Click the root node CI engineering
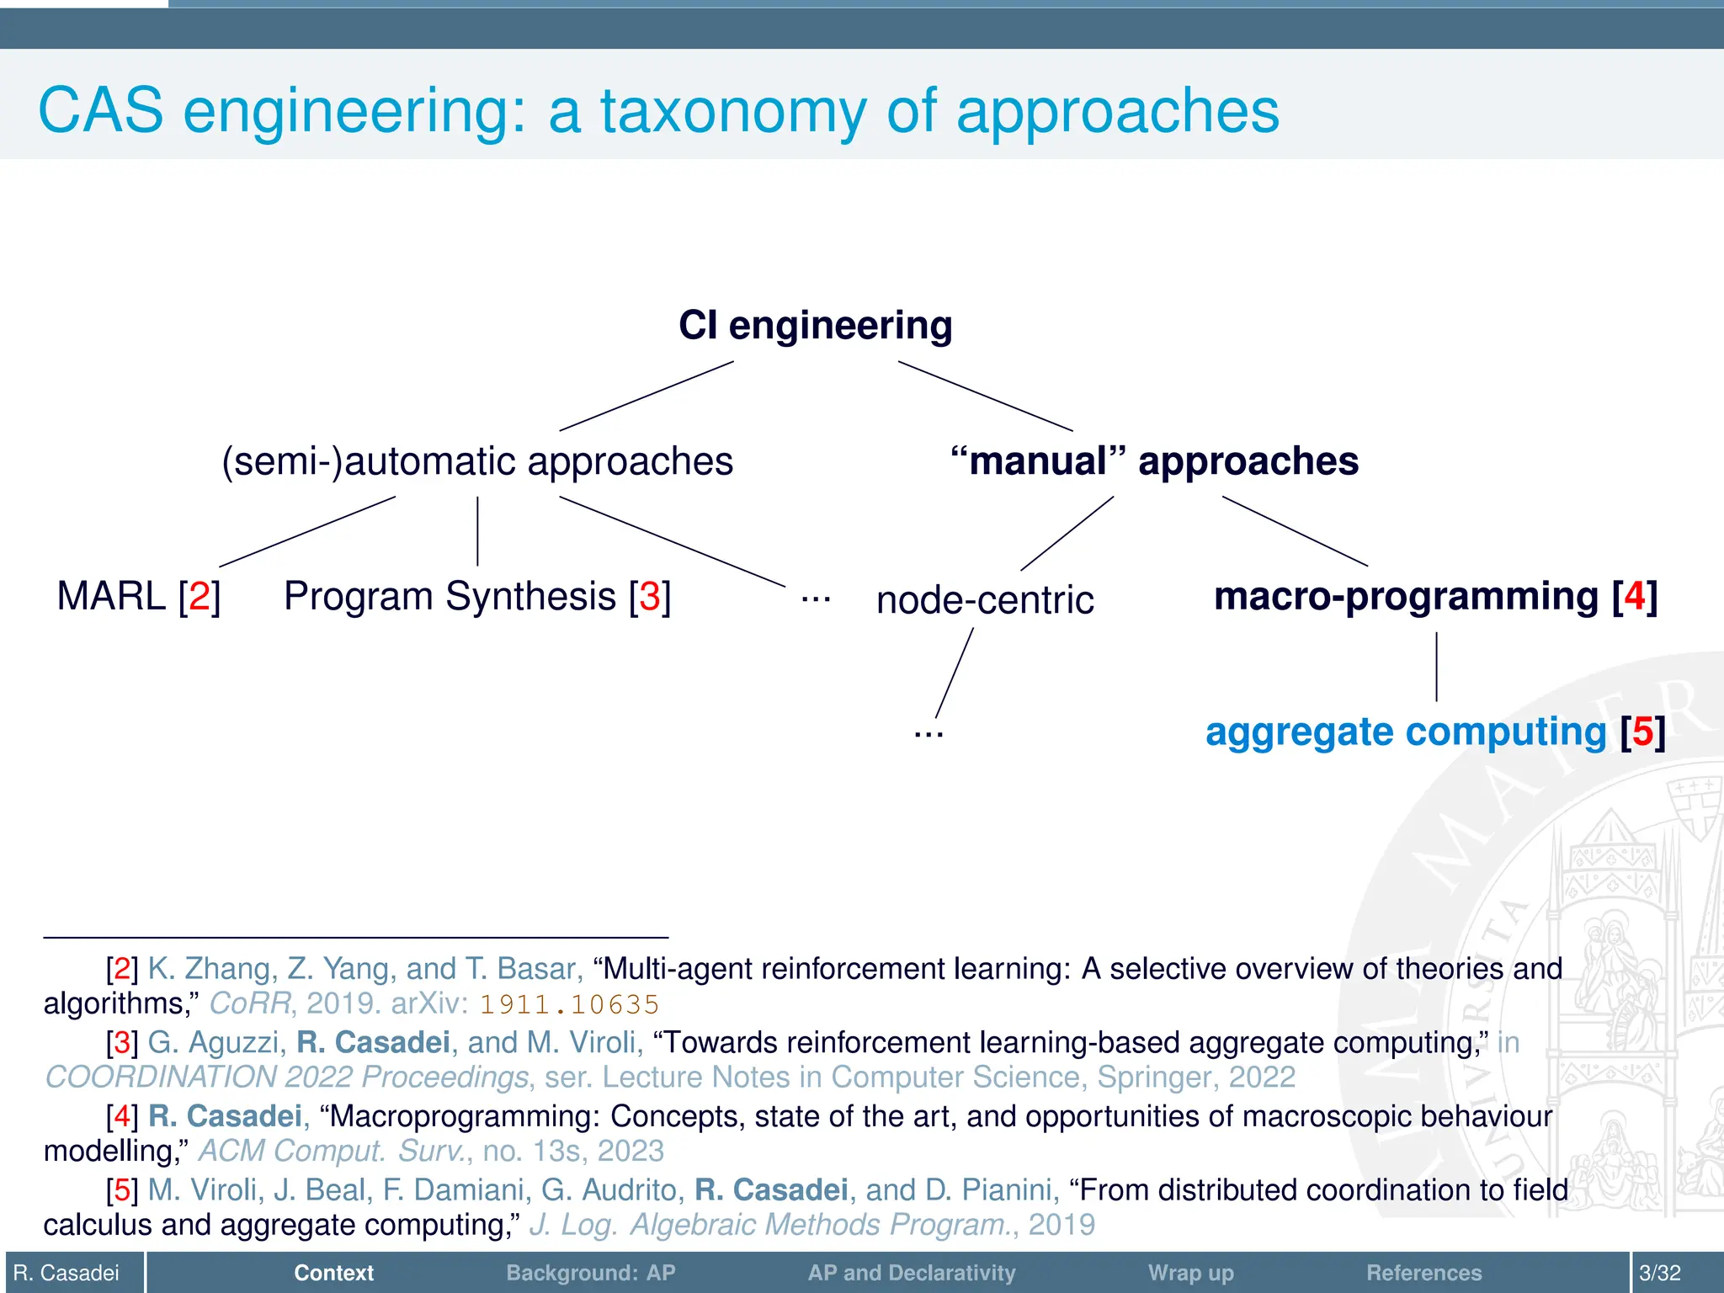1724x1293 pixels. point(815,326)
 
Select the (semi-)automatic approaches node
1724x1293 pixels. point(477,461)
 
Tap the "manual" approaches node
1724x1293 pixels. point(1154,461)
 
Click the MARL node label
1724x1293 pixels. point(111,597)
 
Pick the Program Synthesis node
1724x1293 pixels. point(450,597)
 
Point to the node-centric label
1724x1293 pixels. point(985,600)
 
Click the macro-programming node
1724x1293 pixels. point(1406,597)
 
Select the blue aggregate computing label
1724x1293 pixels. point(1406,732)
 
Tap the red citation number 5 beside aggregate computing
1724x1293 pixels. point(1642,732)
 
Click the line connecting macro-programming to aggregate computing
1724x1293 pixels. point(1436,667)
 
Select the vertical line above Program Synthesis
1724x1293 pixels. point(477,531)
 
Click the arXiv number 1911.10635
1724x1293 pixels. point(569,1004)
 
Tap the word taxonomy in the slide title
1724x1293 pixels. point(732,111)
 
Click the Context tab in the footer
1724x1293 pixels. point(333,1273)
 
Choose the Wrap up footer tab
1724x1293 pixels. point(1190,1273)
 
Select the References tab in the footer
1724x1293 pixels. point(1423,1273)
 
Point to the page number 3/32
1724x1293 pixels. point(1660,1273)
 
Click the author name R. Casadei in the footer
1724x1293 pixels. point(67,1273)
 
